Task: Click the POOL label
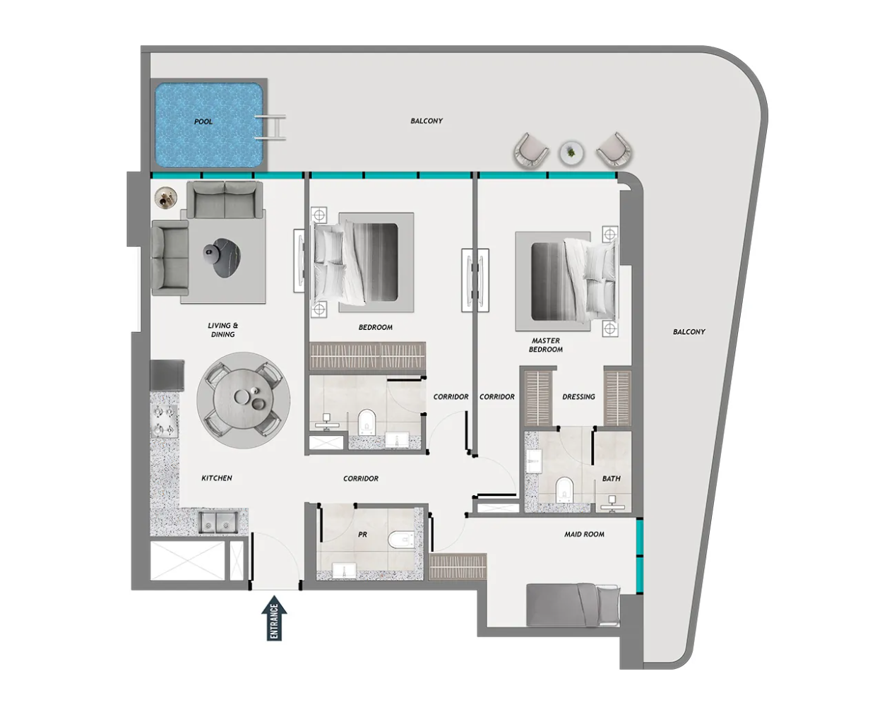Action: (x=203, y=122)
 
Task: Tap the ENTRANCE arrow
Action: (x=274, y=618)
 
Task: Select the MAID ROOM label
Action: (x=584, y=535)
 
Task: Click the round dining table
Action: (x=244, y=400)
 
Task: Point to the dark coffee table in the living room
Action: (x=222, y=257)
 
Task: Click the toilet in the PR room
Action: (x=401, y=539)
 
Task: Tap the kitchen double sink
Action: (x=217, y=522)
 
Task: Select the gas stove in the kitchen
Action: (x=164, y=421)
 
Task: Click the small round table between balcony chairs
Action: (x=572, y=153)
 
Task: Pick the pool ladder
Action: (x=270, y=127)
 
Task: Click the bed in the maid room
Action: (x=573, y=605)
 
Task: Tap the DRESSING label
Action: (x=578, y=397)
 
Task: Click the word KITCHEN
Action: (x=217, y=478)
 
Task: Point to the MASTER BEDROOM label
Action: (x=546, y=345)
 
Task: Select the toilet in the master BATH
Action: (x=564, y=489)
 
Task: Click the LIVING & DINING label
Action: (x=222, y=330)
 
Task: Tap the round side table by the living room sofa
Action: (x=166, y=197)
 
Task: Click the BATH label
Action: (x=612, y=479)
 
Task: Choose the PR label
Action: (x=362, y=535)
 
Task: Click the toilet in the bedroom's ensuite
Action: (x=366, y=422)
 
